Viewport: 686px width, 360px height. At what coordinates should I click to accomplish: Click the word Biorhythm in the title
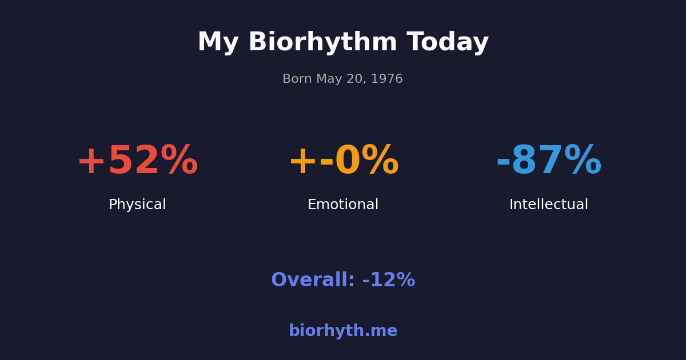tap(322, 43)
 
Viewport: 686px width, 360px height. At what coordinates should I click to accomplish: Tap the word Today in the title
tap(448, 43)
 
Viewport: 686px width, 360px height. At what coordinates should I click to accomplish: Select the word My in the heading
tap(217, 43)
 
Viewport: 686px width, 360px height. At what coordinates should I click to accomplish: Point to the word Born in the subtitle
tap(297, 79)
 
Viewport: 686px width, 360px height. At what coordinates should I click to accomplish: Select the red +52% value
tap(137, 162)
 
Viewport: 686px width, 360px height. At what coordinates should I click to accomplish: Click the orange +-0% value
tap(343, 162)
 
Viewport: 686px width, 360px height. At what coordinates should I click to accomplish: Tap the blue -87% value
tap(549, 162)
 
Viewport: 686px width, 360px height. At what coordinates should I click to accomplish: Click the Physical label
tap(137, 205)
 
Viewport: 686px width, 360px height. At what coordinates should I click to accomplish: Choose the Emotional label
tap(343, 205)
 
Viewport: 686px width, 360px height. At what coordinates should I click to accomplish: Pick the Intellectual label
tap(549, 205)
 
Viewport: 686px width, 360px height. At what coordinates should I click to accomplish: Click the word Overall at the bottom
tap(313, 281)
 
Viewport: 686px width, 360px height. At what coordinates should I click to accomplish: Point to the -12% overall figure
tap(389, 281)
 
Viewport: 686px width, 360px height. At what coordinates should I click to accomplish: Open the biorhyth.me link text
tap(343, 331)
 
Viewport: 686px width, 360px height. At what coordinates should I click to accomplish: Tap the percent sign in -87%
tap(583, 162)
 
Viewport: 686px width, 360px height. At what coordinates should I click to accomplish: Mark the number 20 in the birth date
tap(356, 79)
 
